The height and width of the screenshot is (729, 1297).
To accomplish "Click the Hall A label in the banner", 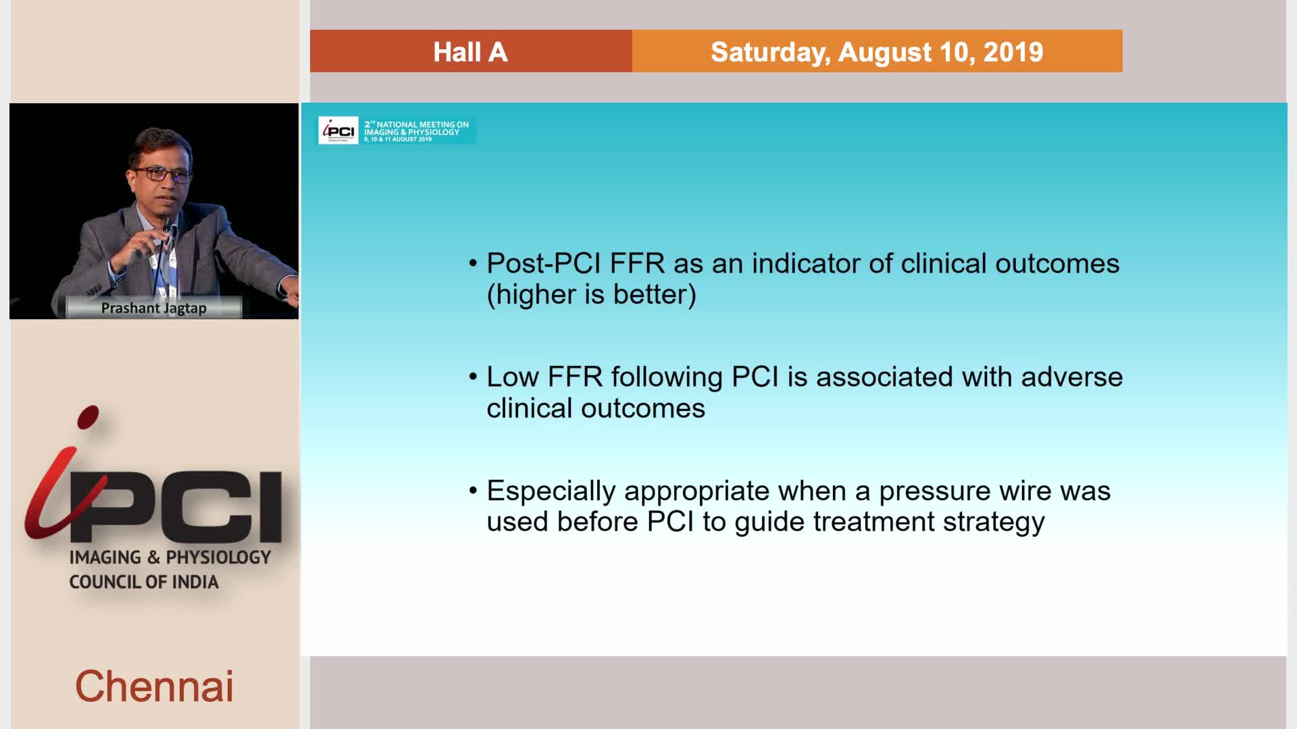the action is (x=470, y=52).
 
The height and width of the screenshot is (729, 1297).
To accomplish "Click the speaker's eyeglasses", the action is (x=162, y=174).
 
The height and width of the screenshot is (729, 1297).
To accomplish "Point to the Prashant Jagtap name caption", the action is (x=154, y=308).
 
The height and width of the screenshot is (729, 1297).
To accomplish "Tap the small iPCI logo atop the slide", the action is (x=338, y=130).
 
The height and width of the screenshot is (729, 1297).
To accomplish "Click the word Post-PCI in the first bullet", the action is (x=544, y=263).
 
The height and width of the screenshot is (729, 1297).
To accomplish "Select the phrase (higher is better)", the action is (x=592, y=294).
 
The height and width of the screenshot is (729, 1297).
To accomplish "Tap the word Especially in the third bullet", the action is (x=551, y=491).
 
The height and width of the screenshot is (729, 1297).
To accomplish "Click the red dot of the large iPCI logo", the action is (x=88, y=417).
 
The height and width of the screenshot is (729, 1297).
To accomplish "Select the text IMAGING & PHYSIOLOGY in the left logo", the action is (x=170, y=557).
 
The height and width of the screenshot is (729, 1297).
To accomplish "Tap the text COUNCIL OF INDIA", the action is (x=144, y=582).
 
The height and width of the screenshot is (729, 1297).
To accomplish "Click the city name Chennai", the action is (x=154, y=686).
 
